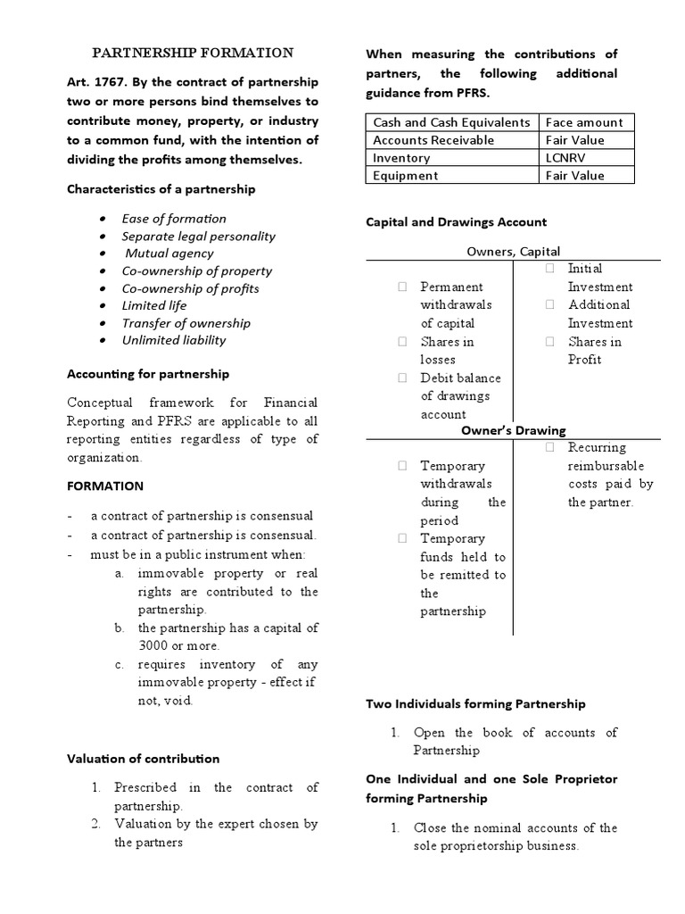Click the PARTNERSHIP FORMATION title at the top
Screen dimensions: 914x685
[194, 53]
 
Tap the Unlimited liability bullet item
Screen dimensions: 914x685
[174, 340]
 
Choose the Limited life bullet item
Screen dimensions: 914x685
[154, 305]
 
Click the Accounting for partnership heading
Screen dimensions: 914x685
[148, 374]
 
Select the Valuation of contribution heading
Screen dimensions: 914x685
[144, 759]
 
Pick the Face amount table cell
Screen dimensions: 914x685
[584, 122]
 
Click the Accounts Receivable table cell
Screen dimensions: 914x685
[433, 140]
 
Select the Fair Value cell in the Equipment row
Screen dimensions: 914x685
[574, 176]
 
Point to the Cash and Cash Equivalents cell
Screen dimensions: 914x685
[451, 122]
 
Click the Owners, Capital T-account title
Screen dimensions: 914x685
[514, 252]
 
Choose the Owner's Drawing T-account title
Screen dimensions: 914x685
[513, 430]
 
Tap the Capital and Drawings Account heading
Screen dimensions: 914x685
[457, 221]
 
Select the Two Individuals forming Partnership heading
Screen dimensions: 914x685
[475, 703]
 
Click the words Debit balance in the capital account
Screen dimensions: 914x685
[460, 378]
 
